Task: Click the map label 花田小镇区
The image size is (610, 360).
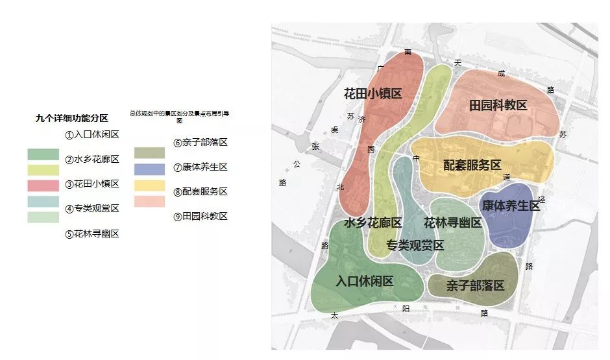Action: point(372,93)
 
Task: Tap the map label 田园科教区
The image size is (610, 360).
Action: point(498,105)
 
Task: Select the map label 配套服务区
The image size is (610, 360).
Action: point(472,165)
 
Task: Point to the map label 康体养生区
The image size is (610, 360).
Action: point(511,205)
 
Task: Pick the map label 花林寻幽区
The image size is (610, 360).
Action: point(452,222)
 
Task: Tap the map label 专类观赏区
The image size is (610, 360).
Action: point(415,245)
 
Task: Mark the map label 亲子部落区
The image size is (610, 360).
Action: point(475,285)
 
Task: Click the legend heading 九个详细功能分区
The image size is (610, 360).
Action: point(71,118)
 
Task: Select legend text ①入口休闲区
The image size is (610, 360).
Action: point(91,135)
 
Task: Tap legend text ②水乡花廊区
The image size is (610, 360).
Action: point(91,160)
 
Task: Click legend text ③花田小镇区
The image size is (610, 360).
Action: point(91,184)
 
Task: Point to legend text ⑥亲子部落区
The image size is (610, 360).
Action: point(200,143)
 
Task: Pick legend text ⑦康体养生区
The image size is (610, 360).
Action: point(200,167)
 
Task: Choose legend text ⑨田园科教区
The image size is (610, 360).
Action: point(200,217)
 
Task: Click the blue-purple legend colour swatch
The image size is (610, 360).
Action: point(149,169)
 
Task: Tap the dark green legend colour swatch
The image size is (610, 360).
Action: point(43,154)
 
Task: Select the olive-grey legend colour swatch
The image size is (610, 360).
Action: point(149,153)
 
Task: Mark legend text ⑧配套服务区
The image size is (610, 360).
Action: point(200,192)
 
